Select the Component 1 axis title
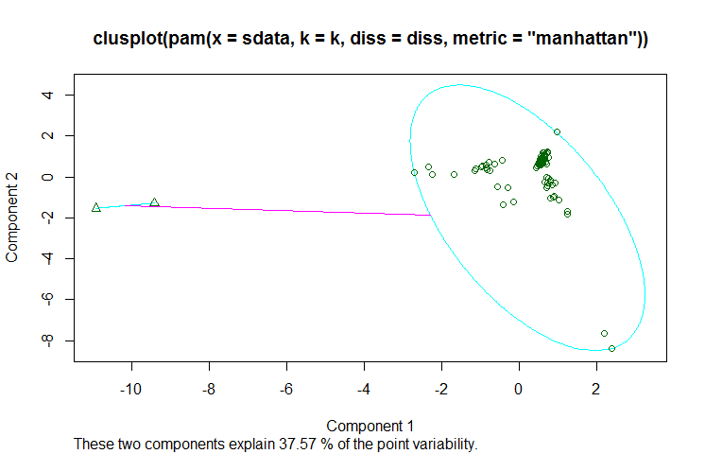pyautogui.click(x=370, y=425)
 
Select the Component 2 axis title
pyautogui.click(x=14, y=218)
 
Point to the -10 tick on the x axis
pyautogui.click(x=130, y=389)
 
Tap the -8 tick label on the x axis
pyautogui.click(x=208, y=389)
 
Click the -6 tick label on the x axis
pyautogui.click(x=285, y=389)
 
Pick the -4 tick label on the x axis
pyautogui.click(x=363, y=389)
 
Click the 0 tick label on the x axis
pyautogui.click(x=518, y=389)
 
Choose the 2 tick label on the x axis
pyautogui.click(x=595, y=389)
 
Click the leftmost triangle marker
pyautogui.click(x=96, y=207)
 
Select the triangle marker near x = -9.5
pyautogui.click(x=154, y=202)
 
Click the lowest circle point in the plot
pyautogui.click(x=612, y=348)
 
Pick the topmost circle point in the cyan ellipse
pyautogui.click(x=558, y=132)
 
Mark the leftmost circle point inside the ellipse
pyautogui.click(x=414, y=172)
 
